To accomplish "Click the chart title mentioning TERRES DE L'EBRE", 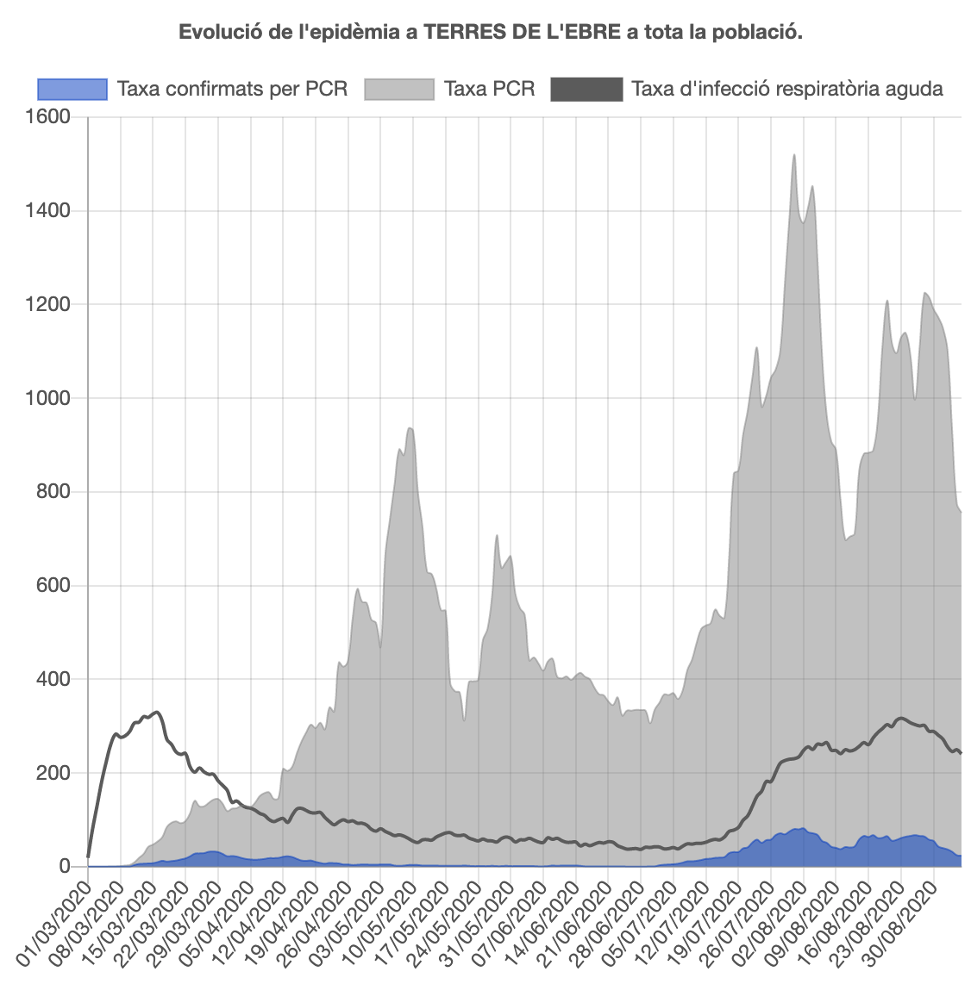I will tap(491, 33).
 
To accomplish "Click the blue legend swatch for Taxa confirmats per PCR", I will tap(72, 89).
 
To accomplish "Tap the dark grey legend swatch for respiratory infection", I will tap(586, 89).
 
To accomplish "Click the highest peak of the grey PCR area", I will tap(793, 155).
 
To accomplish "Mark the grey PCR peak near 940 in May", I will tap(410, 428).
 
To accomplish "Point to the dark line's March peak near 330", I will tap(156, 712).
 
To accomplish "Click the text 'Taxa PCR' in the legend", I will tap(489, 89).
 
